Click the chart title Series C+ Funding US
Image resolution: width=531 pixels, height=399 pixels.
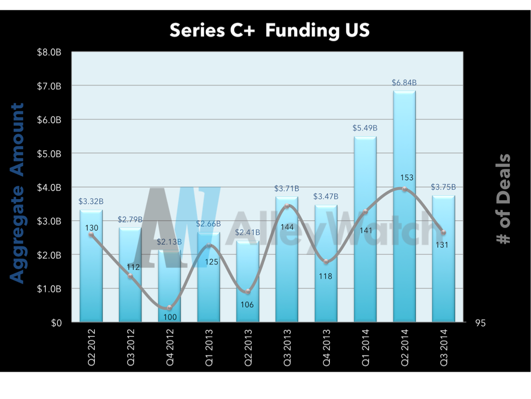(270, 31)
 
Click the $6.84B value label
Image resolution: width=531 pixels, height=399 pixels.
(404, 83)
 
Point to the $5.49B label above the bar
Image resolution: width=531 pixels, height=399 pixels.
(365, 128)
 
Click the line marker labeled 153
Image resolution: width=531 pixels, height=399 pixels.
(404, 189)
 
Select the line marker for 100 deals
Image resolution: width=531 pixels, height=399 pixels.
(170, 308)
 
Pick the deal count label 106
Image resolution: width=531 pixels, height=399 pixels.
(247, 304)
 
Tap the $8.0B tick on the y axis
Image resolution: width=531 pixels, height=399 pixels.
(51, 52)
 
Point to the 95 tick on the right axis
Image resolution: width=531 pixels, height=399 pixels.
(480, 323)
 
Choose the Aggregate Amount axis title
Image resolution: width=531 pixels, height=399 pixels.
(18, 193)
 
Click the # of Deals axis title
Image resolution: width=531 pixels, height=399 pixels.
(501, 198)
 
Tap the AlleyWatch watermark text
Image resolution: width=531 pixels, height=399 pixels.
(332, 229)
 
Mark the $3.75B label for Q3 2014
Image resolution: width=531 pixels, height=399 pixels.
(443, 187)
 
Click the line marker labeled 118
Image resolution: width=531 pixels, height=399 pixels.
(326, 261)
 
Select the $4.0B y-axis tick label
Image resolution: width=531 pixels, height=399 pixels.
(51, 187)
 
